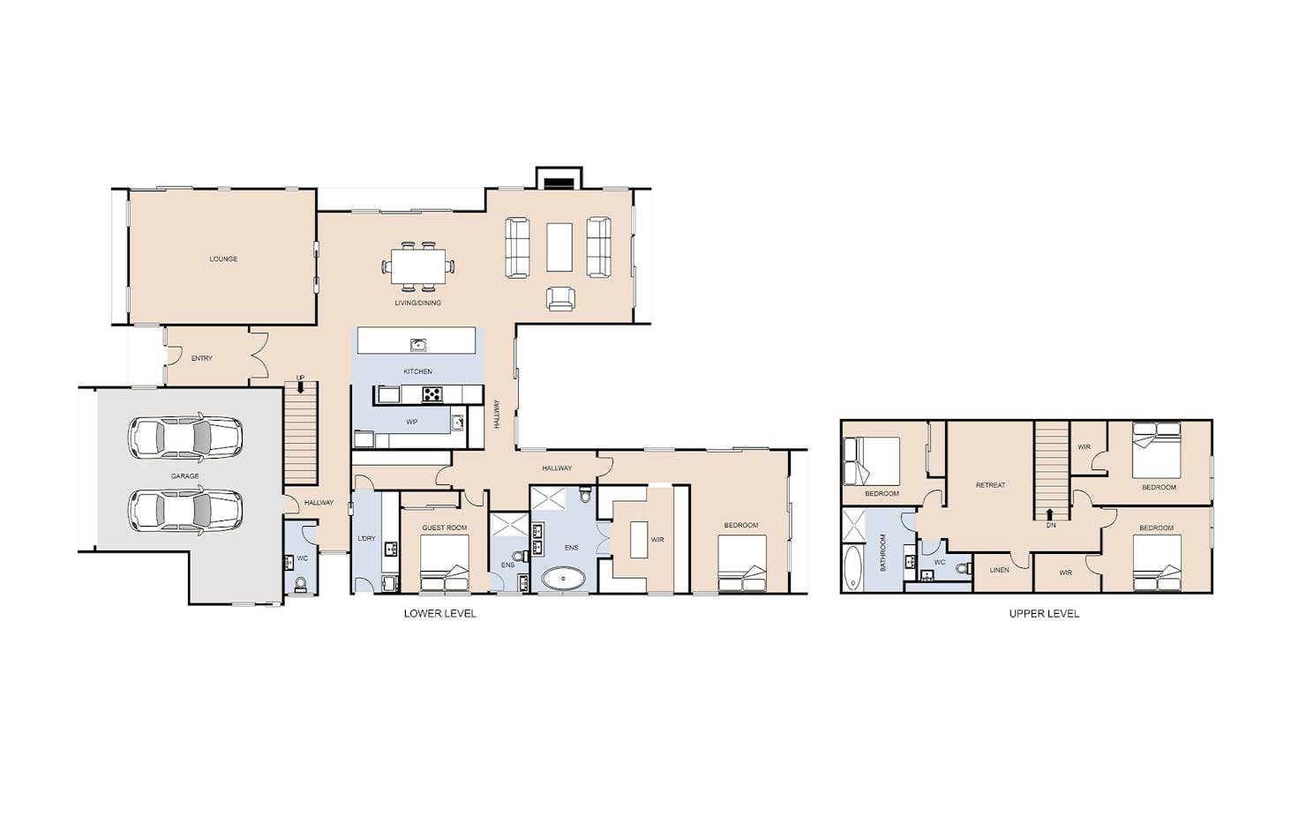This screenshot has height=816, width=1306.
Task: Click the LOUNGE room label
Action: coord(223,258)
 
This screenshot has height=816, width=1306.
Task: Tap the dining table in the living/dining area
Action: coord(418,266)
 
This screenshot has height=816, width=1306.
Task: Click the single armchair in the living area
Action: coord(560,299)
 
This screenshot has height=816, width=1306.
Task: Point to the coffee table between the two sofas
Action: coord(559,246)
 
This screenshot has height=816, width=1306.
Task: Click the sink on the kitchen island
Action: coord(417,344)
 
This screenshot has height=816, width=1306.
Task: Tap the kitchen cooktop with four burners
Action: coord(432,394)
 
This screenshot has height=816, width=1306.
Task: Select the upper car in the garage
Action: coord(185,437)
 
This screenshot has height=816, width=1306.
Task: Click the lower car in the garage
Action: coord(185,511)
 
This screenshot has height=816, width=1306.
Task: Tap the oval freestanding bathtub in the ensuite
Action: coord(564,579)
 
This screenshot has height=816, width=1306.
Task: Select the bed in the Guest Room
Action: coord(444,564)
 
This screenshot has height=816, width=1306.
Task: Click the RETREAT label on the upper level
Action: coord(991,485)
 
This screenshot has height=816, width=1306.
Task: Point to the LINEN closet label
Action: coord(999,570)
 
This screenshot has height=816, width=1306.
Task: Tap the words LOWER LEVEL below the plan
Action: coord(440,614)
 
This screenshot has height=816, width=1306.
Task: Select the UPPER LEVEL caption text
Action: coord(1044,614)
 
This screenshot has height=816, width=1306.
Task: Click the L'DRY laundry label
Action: coord(367,538)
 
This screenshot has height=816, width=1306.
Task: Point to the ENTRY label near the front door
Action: coord(202,358)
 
